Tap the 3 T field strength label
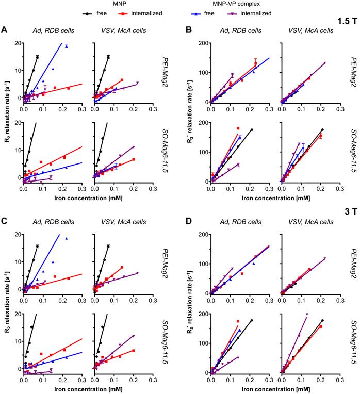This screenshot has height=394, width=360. pos(349,211)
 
